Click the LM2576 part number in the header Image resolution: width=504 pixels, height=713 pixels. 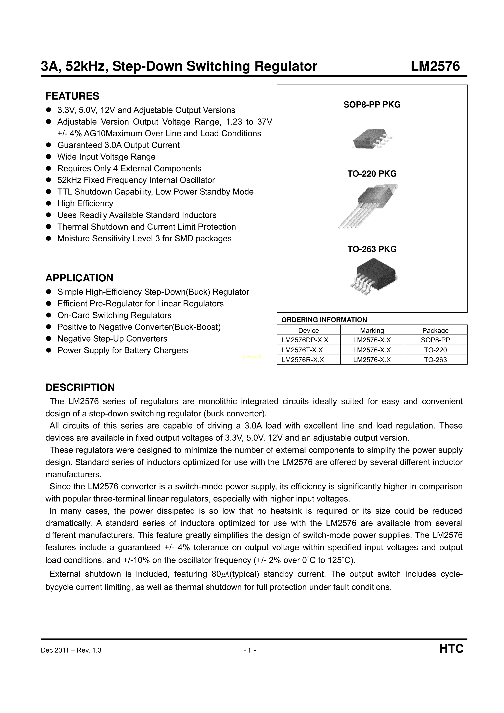(435, 66)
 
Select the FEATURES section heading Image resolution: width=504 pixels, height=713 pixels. (72, 96)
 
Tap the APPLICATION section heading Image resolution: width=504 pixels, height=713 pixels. (79, 278)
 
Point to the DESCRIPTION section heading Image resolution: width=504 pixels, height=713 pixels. (80, 387)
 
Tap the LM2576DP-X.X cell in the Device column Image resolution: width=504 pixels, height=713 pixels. (305, 340)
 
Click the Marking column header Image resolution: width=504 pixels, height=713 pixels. (372, 330)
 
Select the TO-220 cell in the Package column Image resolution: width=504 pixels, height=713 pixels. (435, 350)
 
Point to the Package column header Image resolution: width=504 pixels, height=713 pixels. (435, 330)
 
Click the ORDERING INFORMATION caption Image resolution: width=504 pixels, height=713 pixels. (324, 320)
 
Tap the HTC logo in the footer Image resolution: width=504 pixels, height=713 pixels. (451, 649)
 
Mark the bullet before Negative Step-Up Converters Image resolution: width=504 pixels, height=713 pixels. (48, 339)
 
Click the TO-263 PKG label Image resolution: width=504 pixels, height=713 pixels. (372, 249)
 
